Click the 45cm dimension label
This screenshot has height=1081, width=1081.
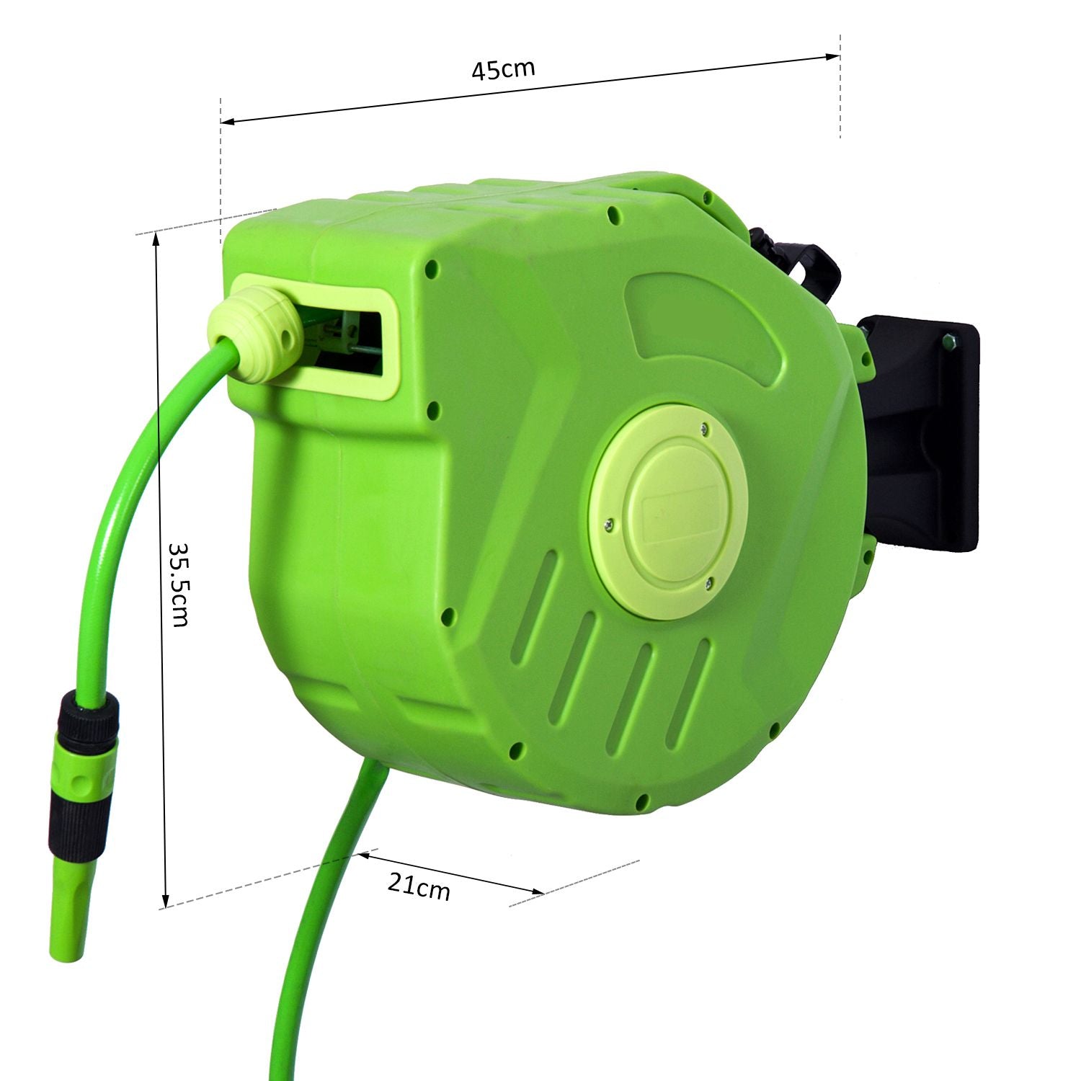click(x=503, y=69)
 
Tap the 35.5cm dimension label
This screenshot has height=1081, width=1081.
click(x=178, y=584)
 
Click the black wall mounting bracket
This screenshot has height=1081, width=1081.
click(x=918, y=432)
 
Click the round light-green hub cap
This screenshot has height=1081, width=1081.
click(x=667, y=511)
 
